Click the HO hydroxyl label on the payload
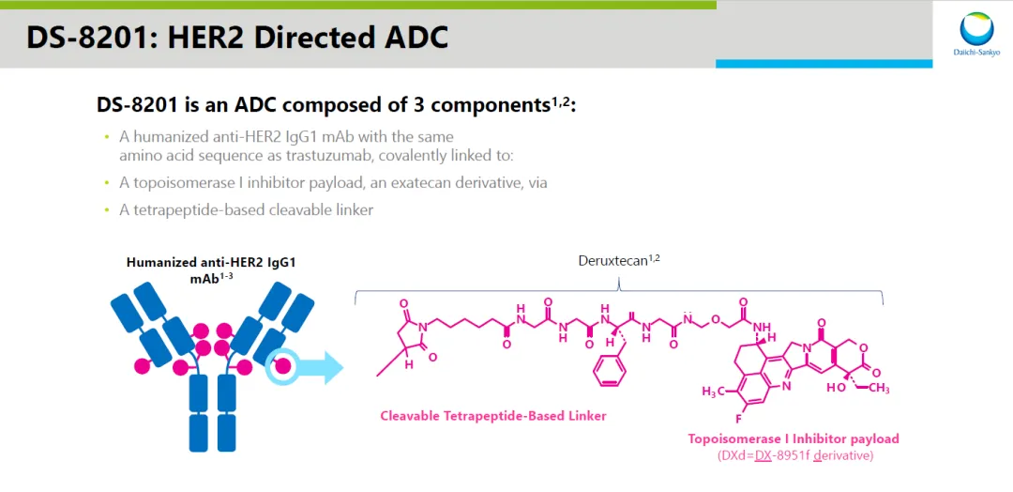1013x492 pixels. [x=836, y=388]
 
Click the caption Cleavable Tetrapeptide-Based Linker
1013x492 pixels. [x=493, y=416]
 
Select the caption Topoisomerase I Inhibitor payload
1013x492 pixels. [x=794, y=438]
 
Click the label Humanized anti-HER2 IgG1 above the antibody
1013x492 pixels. [x=211, y=263]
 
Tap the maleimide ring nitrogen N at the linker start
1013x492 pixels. [x=422, y=329]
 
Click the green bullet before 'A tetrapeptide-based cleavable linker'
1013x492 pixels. [x=107, y=210]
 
